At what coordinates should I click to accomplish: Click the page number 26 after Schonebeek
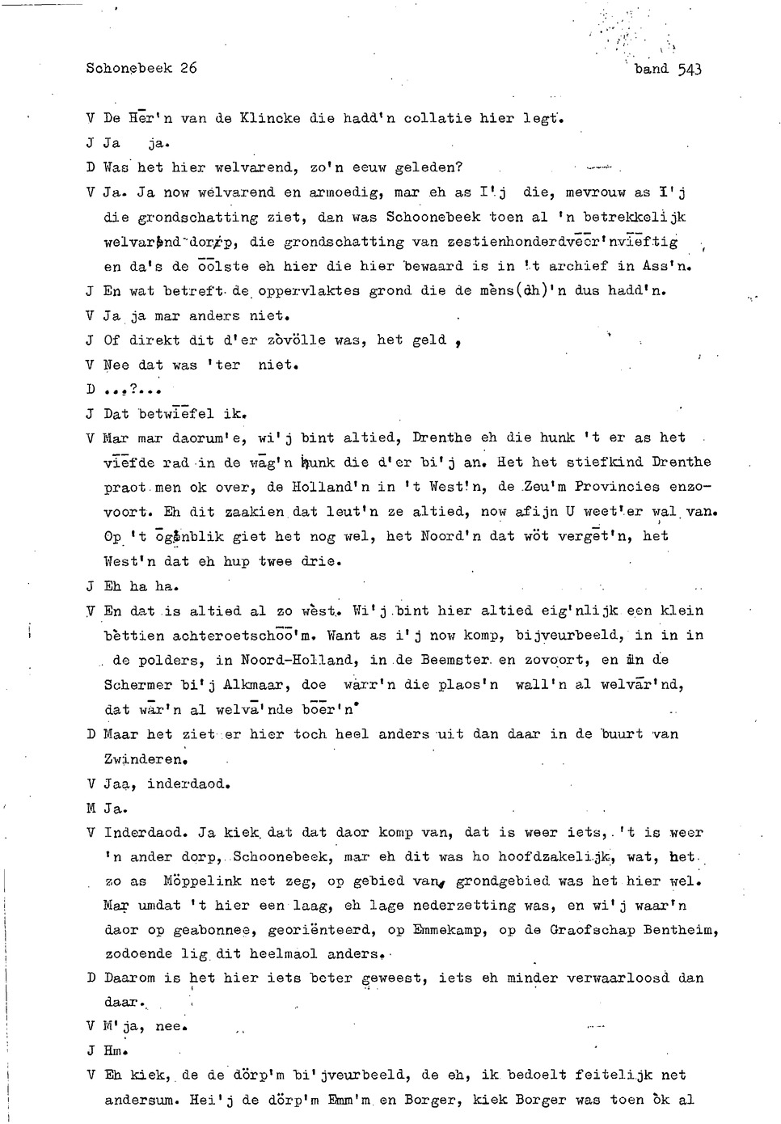click(188, 69)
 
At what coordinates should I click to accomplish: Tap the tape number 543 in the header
click(690, 70)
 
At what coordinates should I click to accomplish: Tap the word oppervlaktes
click(309, 290)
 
